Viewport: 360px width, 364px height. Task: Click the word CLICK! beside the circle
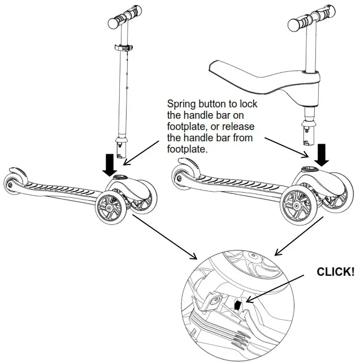pos(335,272)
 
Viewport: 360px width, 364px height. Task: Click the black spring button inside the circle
pos(238,306)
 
